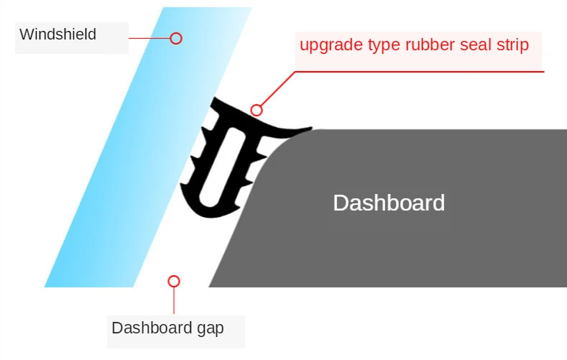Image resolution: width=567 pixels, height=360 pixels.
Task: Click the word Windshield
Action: pyautogui.click(x=57, y=34)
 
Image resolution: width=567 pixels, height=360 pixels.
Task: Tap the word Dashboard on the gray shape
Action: pyautogui.click(x=389, y=203)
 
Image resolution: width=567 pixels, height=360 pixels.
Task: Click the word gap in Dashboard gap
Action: pyautogui.click(x=208, y=328)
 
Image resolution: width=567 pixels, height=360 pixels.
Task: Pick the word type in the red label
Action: pyautogui.click(x=381, y=46)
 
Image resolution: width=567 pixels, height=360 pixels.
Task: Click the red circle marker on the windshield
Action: pyautogui.click(x=176, y=38)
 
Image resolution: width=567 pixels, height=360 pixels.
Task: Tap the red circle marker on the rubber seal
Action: pyautogui.click(x=257, y=111)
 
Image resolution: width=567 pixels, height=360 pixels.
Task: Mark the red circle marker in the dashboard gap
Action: pyautogui.click(x=173, y=281)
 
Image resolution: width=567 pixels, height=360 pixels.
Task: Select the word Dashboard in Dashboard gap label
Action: pyautogui.click(x=147, y=328)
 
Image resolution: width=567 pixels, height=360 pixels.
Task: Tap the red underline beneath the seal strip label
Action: pyautogui.click(x=431, y=71)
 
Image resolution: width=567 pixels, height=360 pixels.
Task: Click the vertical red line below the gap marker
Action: pyautogui.click(x=174, y=300)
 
